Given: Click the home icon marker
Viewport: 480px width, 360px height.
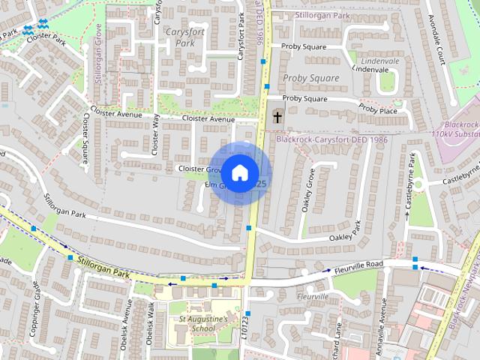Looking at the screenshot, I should coord(239,173).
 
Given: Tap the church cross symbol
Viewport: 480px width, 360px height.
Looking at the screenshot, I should coord(278,116).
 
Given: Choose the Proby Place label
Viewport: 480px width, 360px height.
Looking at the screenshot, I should coord(378,109).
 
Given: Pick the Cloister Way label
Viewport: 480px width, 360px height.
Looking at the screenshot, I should coord(156,134).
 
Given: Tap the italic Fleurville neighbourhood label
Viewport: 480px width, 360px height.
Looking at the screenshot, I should coord(313,296).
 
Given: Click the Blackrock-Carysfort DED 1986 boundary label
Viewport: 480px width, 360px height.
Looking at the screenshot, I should coord(331,139).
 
